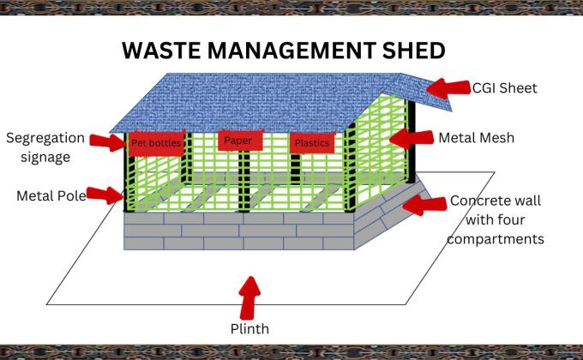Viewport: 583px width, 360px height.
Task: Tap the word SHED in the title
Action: (411, 50)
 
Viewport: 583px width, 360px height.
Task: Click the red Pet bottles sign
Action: (156, 143)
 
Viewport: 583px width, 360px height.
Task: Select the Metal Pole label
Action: (51, 195)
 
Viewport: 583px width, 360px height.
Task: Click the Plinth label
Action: (249, 327)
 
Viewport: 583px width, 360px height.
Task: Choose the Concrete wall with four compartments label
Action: (496, 220)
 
